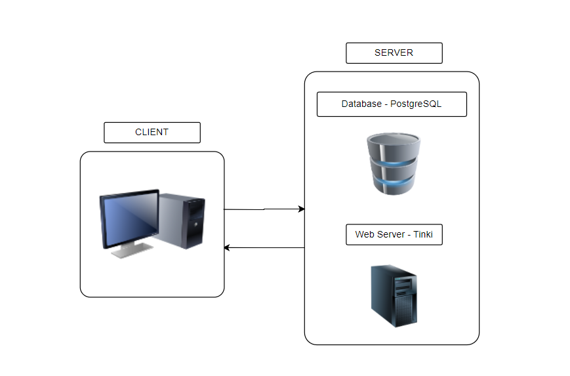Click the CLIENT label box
(x=152, y=133)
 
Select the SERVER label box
(x=394, y=53)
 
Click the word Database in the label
(x=361, y=104)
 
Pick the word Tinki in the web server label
(x=423, y=234)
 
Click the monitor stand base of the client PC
(x=131, y=251)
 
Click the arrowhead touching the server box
(x=301, y=209)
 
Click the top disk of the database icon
(x=393, y=140)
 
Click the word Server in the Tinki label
(x=396, y=234)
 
